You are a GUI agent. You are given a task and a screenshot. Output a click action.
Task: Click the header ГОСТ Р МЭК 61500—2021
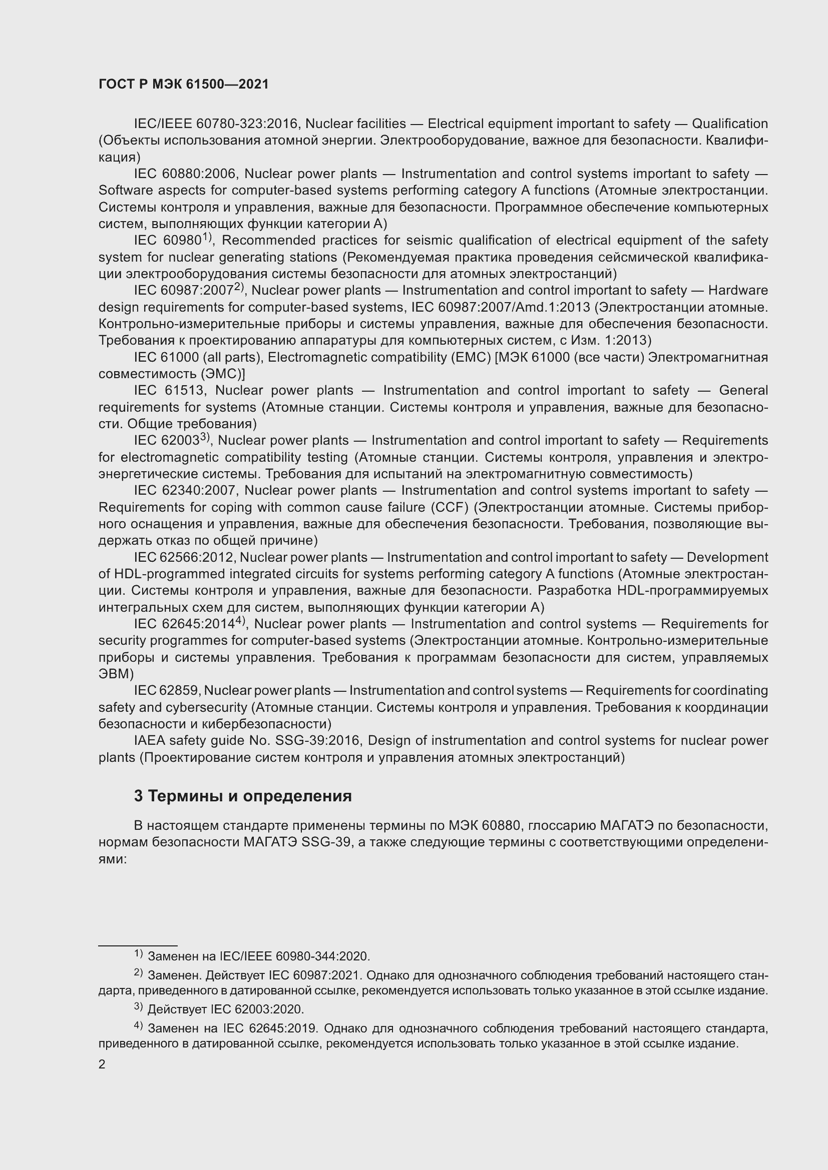point(184,85)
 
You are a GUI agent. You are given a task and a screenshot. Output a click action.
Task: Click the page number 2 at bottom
point(102,1064)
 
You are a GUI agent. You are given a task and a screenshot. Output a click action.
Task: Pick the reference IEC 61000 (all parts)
point(198,357)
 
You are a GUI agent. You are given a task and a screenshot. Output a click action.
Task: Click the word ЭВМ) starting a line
point(115,674)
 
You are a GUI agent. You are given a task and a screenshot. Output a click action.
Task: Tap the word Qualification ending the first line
point(729,124)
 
